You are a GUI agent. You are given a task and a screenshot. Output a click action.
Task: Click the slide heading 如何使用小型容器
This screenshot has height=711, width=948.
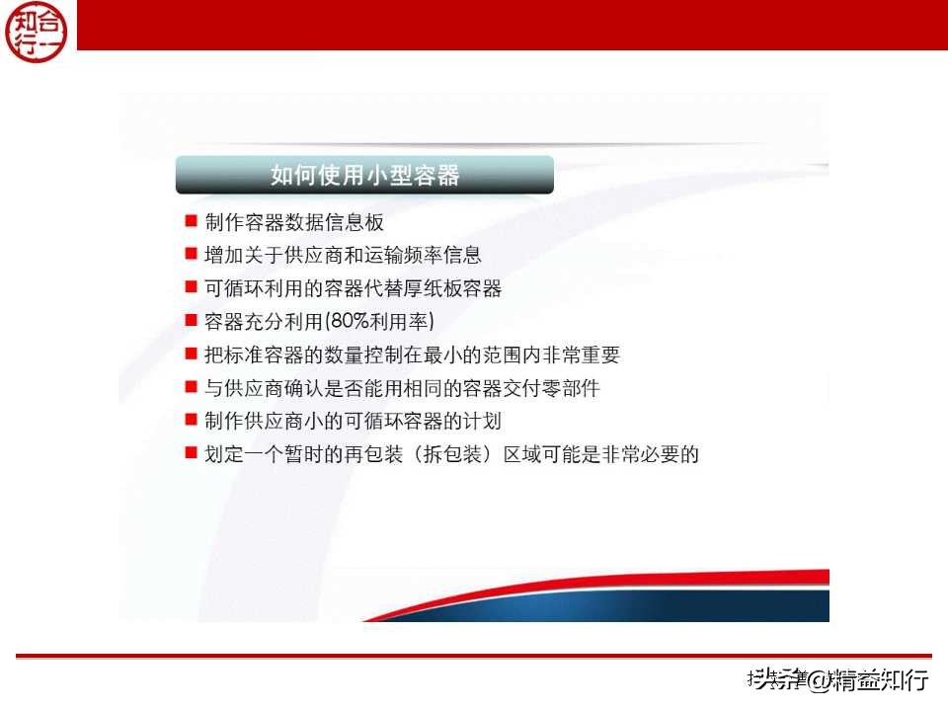364,176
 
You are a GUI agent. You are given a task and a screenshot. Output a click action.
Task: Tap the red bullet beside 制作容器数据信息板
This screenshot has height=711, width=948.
191,220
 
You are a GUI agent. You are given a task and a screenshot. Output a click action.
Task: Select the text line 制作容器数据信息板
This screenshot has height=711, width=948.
293,222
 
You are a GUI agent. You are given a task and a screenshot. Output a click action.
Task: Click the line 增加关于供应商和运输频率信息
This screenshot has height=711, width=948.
343,255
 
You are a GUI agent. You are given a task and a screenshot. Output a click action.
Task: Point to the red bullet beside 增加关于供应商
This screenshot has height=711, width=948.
191,254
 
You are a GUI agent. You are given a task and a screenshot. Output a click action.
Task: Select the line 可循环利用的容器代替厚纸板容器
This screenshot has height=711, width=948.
353,288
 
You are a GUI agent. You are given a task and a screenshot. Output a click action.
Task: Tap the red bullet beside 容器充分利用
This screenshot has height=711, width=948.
191,321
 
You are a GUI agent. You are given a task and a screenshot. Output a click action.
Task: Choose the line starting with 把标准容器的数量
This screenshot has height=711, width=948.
412,355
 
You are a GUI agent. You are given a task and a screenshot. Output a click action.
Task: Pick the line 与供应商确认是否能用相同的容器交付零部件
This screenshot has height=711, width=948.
402,388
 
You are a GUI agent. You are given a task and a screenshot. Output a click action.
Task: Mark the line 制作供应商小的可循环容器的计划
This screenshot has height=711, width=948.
353,422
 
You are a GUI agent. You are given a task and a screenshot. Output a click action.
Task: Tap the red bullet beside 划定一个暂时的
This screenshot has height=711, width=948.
191,454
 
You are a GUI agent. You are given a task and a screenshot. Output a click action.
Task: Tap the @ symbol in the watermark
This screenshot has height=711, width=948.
818,679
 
